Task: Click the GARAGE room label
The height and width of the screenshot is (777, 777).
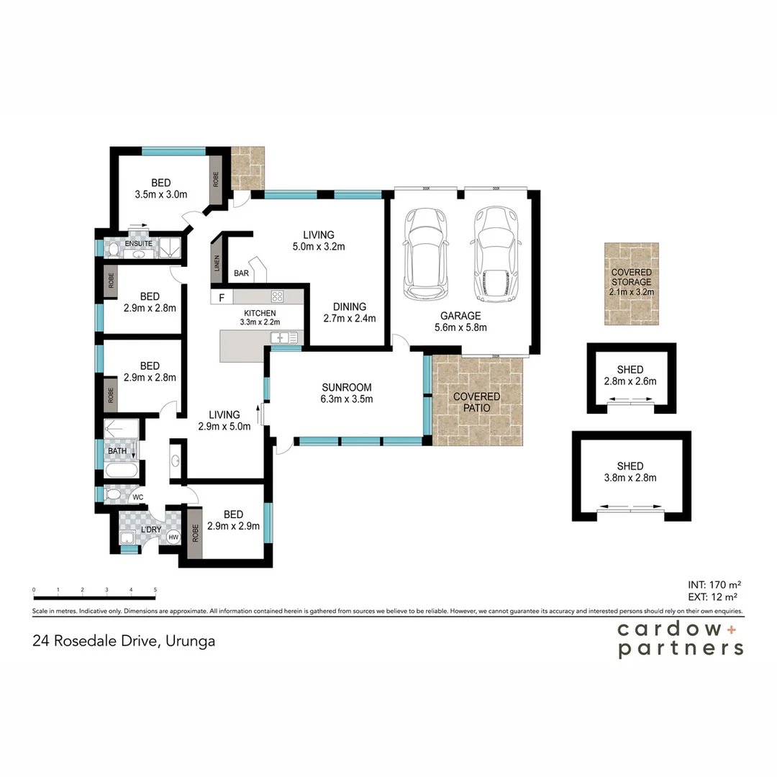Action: point(460,316)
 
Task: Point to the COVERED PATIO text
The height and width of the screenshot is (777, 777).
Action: point(476,402)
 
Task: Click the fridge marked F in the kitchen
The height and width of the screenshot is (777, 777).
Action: point(222,296)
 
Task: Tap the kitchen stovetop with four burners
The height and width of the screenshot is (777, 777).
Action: point(277,296)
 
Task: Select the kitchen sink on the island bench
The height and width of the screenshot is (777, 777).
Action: point(278,337)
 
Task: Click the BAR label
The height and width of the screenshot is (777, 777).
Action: point(241,274)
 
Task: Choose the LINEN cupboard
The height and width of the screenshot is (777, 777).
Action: point(217,263)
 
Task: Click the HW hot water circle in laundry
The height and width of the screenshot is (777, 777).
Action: point(173,537)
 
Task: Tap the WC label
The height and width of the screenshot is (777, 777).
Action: point(137,496)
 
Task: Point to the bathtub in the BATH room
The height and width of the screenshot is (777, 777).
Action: point(123,471)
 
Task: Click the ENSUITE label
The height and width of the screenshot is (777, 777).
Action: point(138,244)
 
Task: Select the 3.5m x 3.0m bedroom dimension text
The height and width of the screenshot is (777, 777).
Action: point(160,194)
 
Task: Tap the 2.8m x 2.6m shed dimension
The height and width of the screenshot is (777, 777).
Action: point(630,381)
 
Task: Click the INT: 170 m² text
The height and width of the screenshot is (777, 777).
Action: point(714,584)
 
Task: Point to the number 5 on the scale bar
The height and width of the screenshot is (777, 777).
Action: point(155,590)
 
